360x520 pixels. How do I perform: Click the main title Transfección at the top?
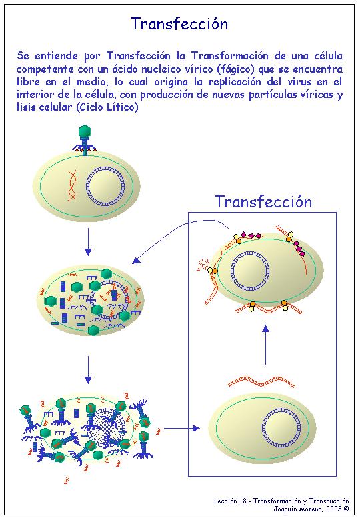coord(179,24)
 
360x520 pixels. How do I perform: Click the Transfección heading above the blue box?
coord(263,201)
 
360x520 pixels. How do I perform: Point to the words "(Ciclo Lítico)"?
coord(107,107)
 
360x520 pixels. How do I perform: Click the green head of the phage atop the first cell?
coord(85,131)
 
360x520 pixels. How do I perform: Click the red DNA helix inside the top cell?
coord(72,185)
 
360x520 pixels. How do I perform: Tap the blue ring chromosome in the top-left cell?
coord(105,187)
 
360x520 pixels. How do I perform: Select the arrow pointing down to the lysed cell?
coord(88,370)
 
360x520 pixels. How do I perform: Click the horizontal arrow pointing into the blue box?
coord(181,429)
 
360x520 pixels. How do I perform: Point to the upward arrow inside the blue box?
coord(265,345)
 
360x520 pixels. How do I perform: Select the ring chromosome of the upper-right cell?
coord(249,271)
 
